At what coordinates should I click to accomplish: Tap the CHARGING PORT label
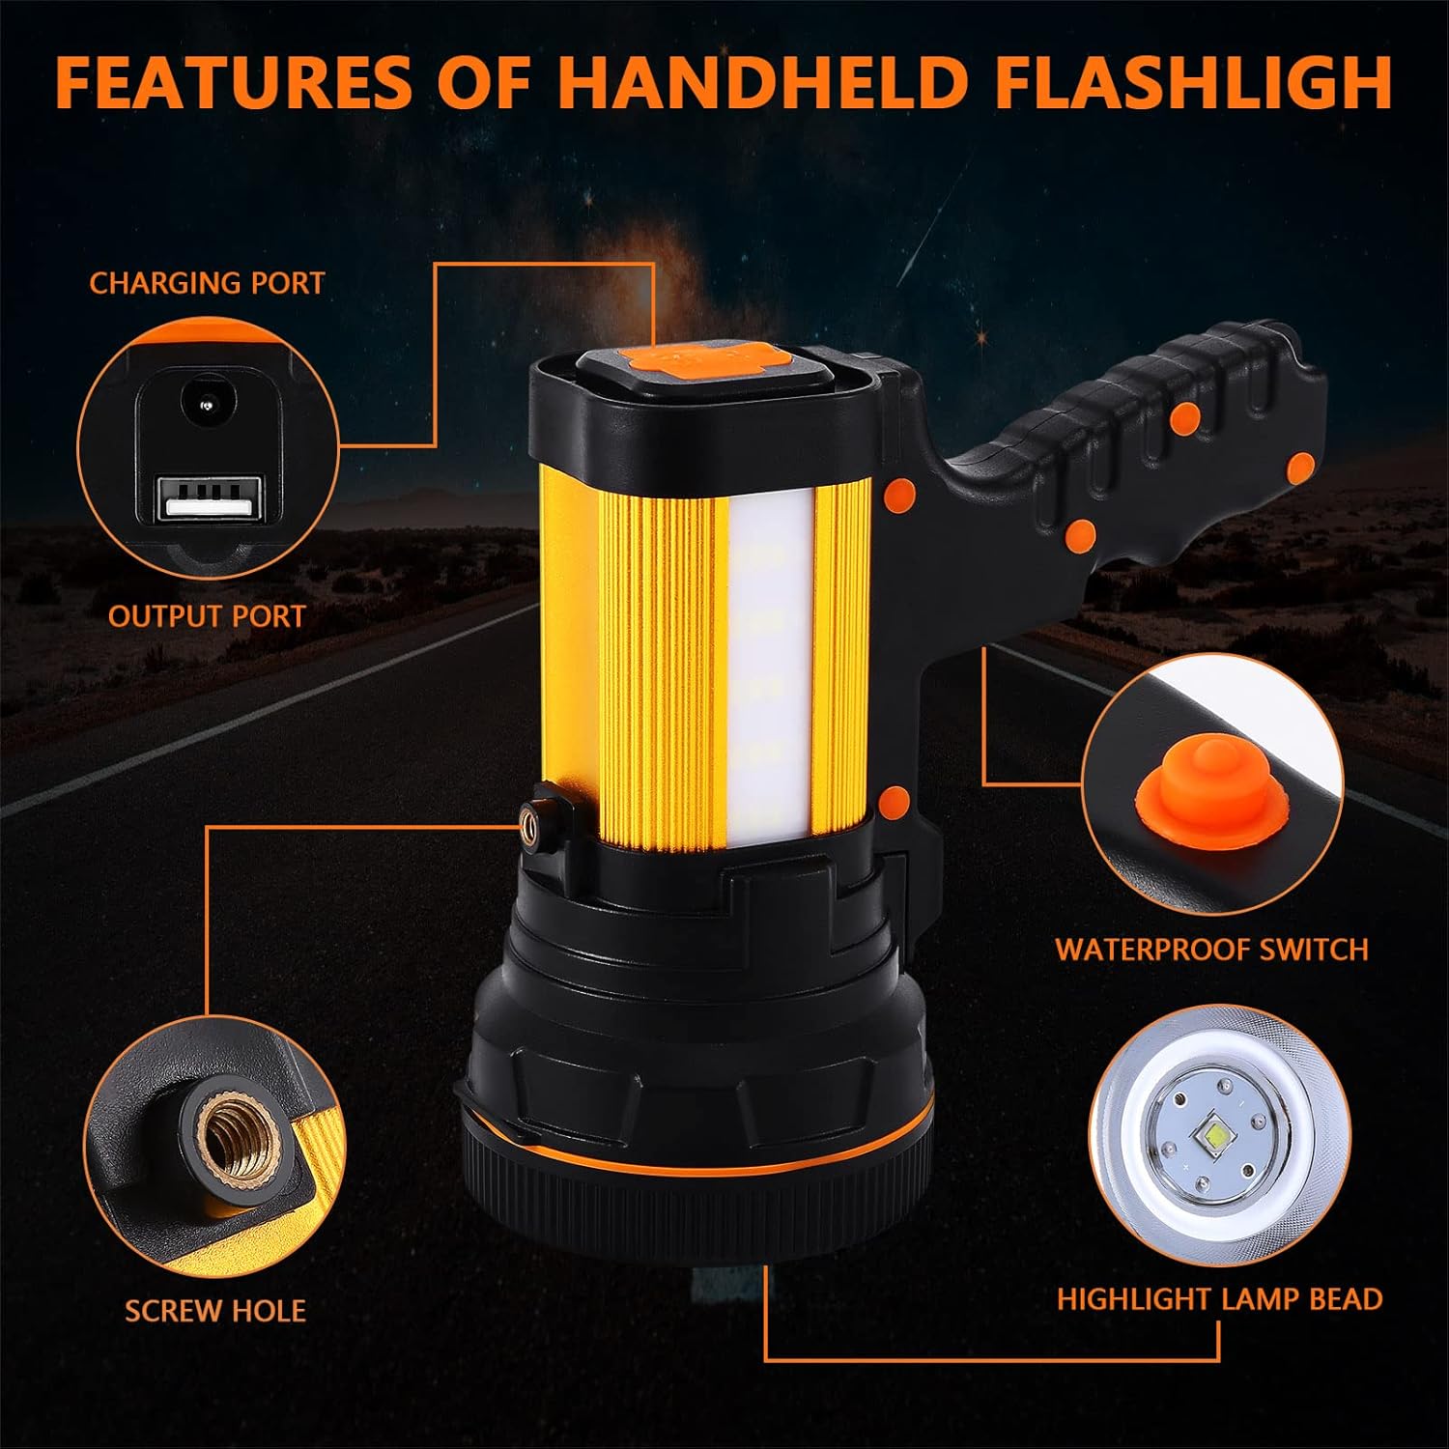(207, 283)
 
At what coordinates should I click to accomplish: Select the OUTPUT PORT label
(207, 616)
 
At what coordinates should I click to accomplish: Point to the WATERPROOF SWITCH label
(1211, 950)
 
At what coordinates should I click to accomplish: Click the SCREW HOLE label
(215, 1311)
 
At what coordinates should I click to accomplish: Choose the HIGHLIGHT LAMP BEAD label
(1219, 1299)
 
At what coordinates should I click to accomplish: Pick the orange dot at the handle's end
(1301, 467)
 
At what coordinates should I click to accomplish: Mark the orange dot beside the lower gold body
(895, 801)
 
